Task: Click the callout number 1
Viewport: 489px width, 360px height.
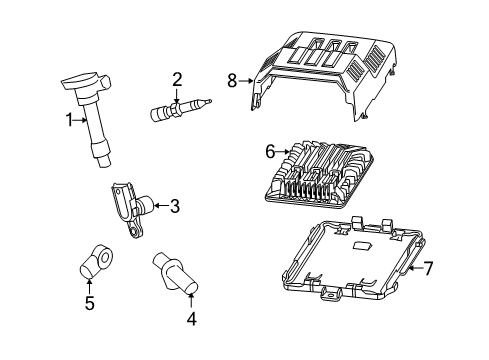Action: click(69, 121)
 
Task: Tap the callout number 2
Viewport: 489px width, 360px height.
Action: click(176, 79)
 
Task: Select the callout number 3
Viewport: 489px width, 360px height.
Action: click(174, 206)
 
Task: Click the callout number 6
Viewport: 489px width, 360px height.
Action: click(270, 152)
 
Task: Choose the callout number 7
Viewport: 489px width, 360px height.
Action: click(429, 268)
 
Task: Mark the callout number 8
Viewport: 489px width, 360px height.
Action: click(232, 80)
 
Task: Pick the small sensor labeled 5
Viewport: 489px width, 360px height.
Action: click(94, 263)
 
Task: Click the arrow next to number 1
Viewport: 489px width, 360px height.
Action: click(80, 121)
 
